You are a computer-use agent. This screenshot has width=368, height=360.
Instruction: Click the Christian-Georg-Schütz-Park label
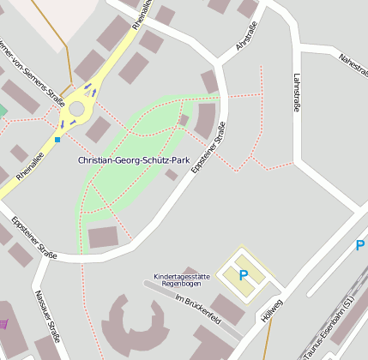coord(133,160)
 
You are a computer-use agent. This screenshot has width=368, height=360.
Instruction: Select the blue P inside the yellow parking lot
coord(243,275)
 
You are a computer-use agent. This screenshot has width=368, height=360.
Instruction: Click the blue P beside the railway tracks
coord(360,246)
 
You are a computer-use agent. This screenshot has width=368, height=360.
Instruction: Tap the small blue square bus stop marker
coord(57,139)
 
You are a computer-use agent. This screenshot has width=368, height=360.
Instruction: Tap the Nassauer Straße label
coord(48,317)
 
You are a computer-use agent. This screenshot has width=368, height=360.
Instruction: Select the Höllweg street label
coord(271,309)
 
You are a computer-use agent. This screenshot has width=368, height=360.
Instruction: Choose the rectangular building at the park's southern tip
coord(104,237)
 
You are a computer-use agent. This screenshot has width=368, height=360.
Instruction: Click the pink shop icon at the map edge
coord(3,323)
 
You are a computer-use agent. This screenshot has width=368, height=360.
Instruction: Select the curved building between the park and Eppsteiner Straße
coord(206,120)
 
